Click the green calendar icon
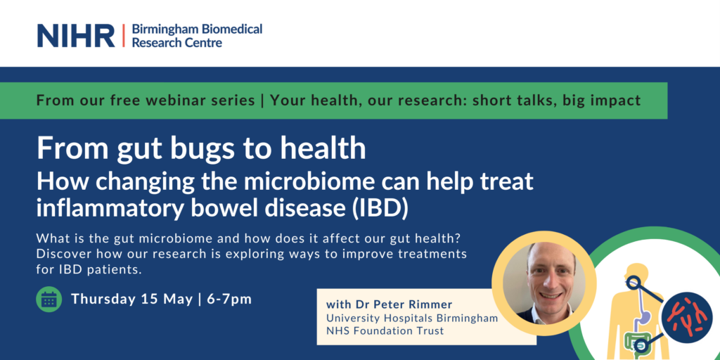click(x=49, y=300)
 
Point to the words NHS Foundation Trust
click(x=385, y=330)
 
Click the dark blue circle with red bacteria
click(x=686, y=317)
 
